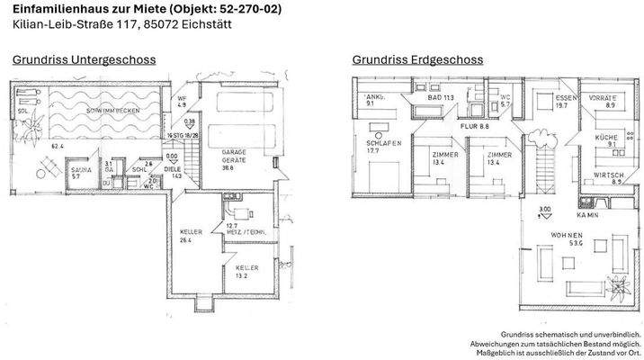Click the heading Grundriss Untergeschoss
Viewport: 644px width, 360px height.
click(84, 59)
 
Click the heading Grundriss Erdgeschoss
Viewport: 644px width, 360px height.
click(417, 59)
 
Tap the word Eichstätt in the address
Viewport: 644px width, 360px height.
click(204, 24)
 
